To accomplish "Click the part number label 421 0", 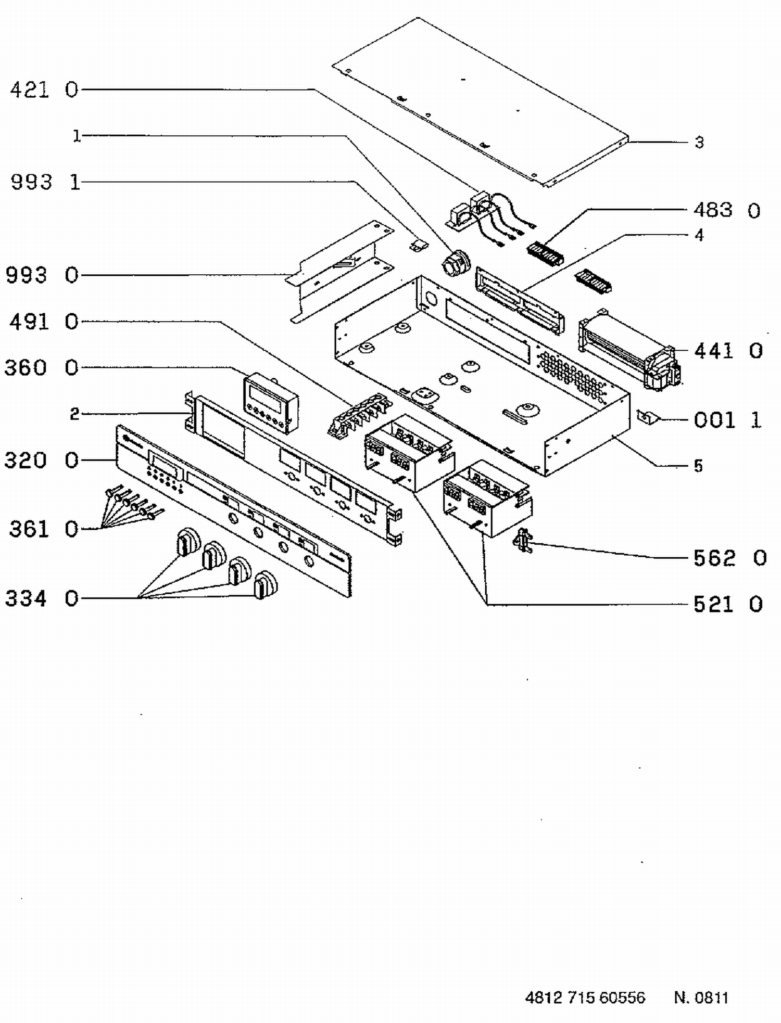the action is (x=44, y=90).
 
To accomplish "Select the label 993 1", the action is (x=45, y=182).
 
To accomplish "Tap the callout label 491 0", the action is (x=44, y=322).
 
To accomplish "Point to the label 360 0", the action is (x=41, y=367).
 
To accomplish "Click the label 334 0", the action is (x=42, y=598).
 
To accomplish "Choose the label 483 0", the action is (x=727, y=210).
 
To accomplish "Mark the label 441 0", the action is (x=728, y=351).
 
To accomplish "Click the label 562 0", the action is (x=730, y=558).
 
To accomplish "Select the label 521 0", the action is (x=728, y=604).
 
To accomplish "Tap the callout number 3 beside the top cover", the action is (x=699, y=142).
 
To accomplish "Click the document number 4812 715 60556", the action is (x=585, y=998).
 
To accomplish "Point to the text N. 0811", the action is (x=701, y=998).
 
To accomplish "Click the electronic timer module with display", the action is (x=271, y=402).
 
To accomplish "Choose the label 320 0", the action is (x=41, y=460).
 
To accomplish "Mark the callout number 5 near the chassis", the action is (x=698, y=466).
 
